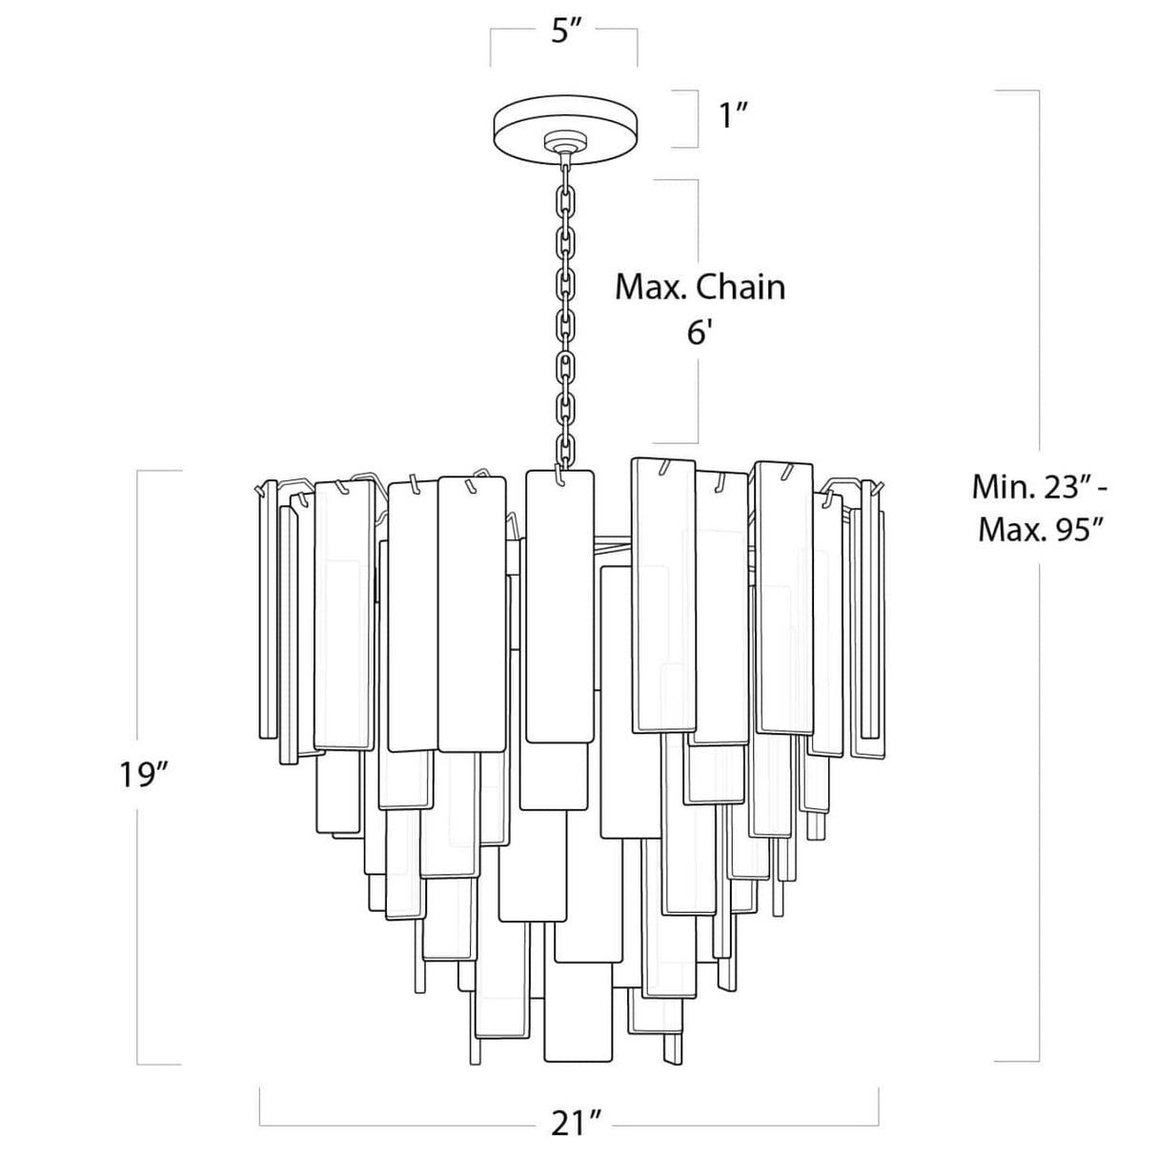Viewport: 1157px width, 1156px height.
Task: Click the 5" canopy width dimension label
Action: tap(565, 31)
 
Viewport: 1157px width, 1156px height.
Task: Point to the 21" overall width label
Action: tap(569, 1124)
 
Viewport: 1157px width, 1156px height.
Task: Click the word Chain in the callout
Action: tap(742, 287)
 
